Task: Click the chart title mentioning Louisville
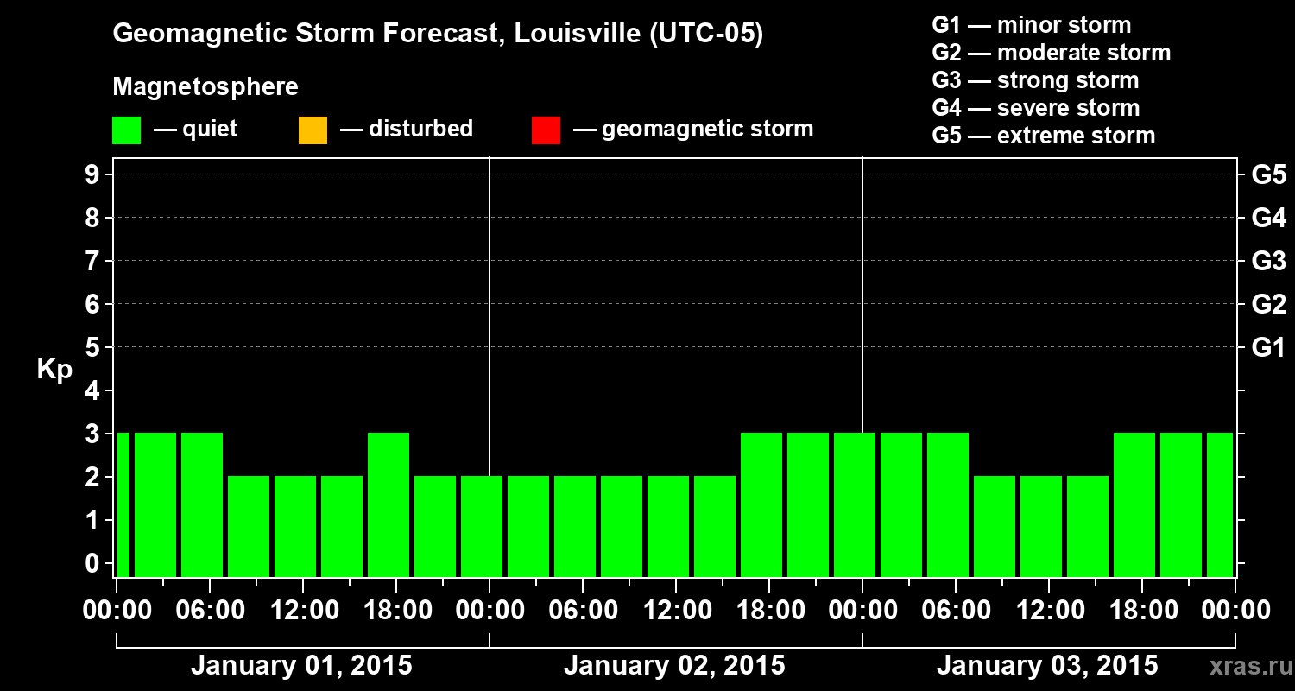438,35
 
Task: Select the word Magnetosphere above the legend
205,87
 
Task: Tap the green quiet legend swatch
126,130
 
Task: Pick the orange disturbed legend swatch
313,130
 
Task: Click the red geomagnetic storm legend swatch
546,130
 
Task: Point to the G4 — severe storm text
1035,108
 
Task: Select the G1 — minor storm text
1031,25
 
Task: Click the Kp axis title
54,370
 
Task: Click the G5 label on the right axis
1268,174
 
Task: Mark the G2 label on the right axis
1268,304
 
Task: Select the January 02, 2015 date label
674,666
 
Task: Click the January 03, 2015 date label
1047,666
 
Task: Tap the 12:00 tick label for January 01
302,611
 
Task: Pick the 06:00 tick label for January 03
956,611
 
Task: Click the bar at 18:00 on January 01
388,504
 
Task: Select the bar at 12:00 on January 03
1041,526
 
